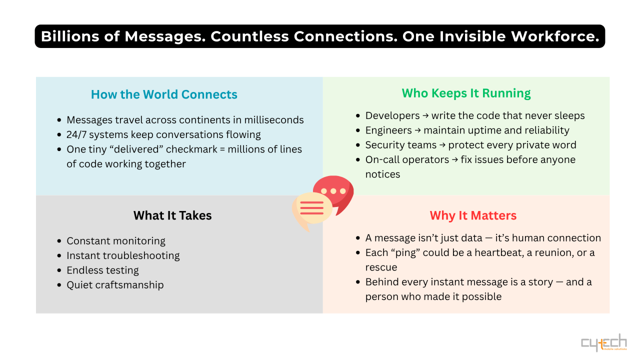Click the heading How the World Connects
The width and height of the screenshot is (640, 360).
point(164,94)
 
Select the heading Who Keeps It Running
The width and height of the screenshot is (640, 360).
point(466,93)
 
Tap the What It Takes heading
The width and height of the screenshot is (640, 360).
point(172,215)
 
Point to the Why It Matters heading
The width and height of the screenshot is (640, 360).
point(473,215)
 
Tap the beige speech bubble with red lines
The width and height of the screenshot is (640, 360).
point(311,209)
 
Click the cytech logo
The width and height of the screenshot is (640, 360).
point(603,343)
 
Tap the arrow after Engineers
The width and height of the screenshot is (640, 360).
point(419,130)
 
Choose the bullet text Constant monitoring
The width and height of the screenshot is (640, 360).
point(116,241)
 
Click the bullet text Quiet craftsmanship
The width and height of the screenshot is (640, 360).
point(115,285)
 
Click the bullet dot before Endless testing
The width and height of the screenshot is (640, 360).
point(59,270)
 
